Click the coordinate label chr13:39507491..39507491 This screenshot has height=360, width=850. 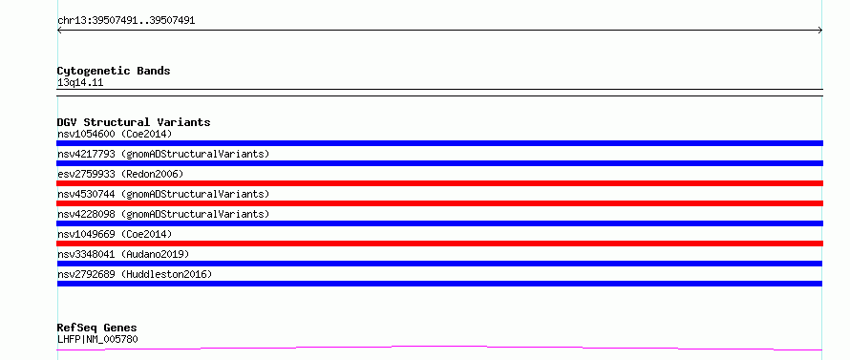[x=126, y=21]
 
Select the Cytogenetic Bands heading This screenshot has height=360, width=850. [x=114, y=71]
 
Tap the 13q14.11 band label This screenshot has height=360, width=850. [x=80, y=83]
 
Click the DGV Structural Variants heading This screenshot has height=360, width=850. [x=134, y=122]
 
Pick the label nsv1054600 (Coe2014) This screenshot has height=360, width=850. [x=115, y=134]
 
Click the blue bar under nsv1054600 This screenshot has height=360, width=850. [x=439, y=143]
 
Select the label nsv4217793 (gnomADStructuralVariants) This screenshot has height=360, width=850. [x=163, y=154]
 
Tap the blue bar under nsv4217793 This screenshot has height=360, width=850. [x=439, y=163]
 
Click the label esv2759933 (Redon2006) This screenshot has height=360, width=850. [x=120, y=174]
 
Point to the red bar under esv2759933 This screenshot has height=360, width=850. [x=439, y=183]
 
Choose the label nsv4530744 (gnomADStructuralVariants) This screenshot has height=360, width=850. [x=163, y=194]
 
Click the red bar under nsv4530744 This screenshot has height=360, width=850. [x=439, y=203]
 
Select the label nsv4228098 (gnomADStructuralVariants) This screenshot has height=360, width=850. [x=163, y=214]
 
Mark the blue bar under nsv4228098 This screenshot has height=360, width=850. [x=439, y=223]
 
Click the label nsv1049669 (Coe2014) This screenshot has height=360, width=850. [x=115, y=234]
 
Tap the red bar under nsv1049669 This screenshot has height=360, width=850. [x=439, y=244]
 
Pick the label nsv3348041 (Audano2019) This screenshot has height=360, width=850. [x=123, y=254]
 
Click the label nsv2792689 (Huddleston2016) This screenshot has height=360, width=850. [x=135, y=274]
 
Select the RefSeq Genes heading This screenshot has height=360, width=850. [x=96, y=328]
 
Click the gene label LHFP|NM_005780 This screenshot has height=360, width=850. [x=97, y=340]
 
